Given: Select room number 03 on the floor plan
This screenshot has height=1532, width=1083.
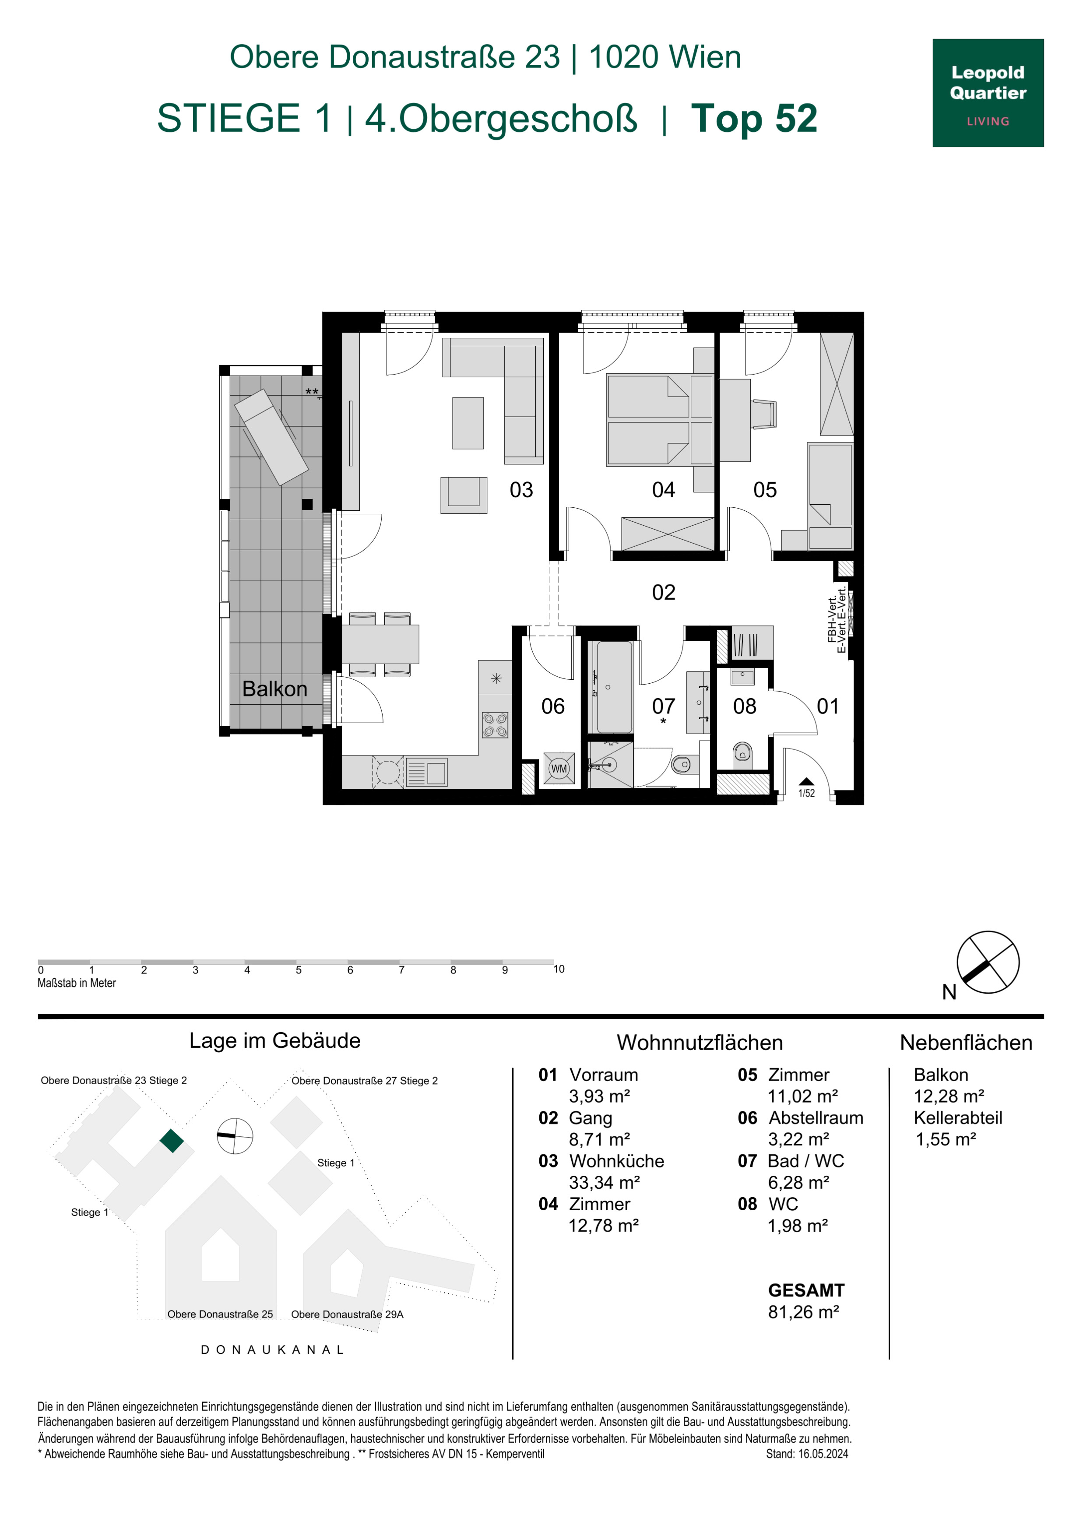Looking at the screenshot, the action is (x=521, y=490).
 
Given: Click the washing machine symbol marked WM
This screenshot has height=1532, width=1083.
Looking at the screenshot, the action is (x=559, y=769).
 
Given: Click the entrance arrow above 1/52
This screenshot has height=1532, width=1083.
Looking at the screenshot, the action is (x=806, y=781).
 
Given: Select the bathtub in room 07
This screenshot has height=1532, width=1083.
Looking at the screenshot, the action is (x=614, y=687).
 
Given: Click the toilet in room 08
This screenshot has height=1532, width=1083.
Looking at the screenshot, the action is (x=742, y=753).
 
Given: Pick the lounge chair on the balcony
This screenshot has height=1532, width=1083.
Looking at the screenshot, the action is (x=270, y=437).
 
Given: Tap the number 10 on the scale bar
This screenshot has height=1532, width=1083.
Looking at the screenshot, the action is (x=559, y=969).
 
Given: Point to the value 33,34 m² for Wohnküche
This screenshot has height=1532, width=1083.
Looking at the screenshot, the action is (x=604, y=1182).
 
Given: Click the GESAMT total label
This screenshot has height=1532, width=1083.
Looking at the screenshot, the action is (x=806, y=1290).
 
